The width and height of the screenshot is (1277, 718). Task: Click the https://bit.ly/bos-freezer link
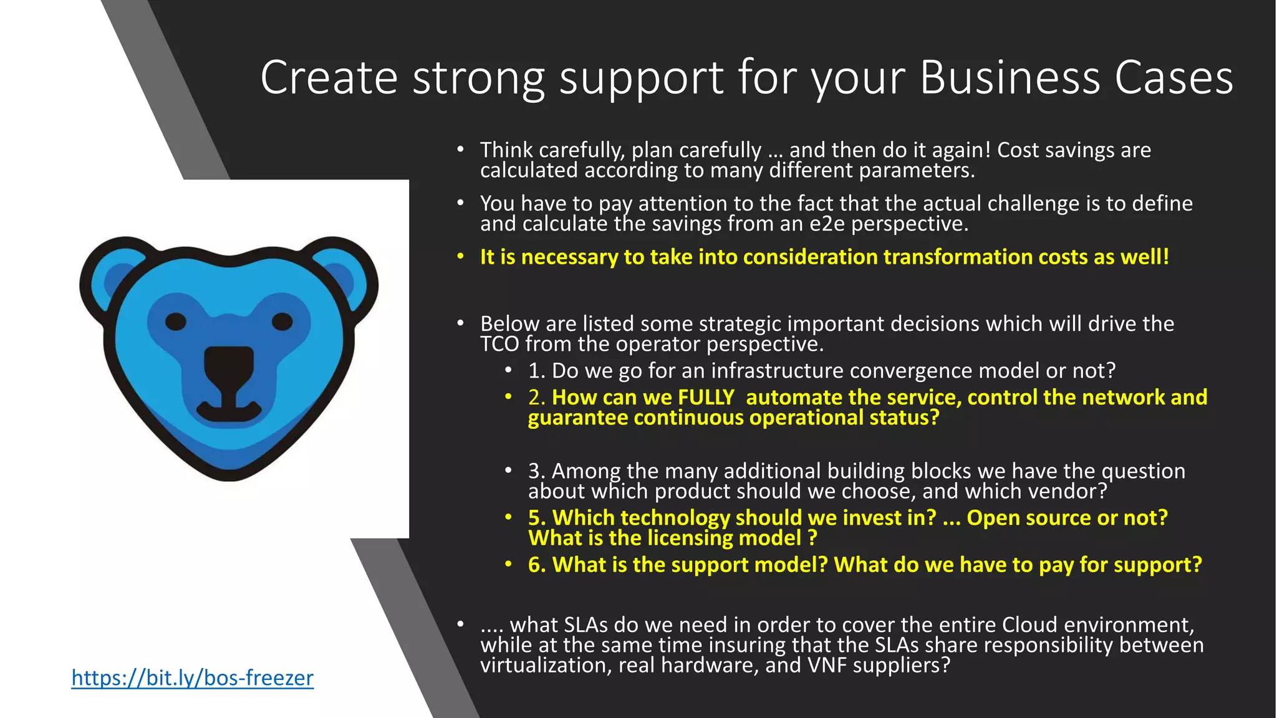pyautogui.click(x=192, y=677)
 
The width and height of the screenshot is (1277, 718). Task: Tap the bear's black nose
pyautogui.click(x=229, y=364)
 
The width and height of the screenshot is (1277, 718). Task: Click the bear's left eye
pyautogui.click(x=176, y=322)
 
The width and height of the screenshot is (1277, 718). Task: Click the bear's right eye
pyautogui.click(x=282, y=322)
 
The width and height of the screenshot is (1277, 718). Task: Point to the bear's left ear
pyautogui.click(x=115, y=271)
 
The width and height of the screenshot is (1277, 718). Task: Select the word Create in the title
pyautogui.click(x=329, y=77)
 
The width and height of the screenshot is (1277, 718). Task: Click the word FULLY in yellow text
pyautogui.click(x=706, y=398)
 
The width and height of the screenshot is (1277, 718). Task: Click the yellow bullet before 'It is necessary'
pyautogui.click(x=460, y=257)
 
